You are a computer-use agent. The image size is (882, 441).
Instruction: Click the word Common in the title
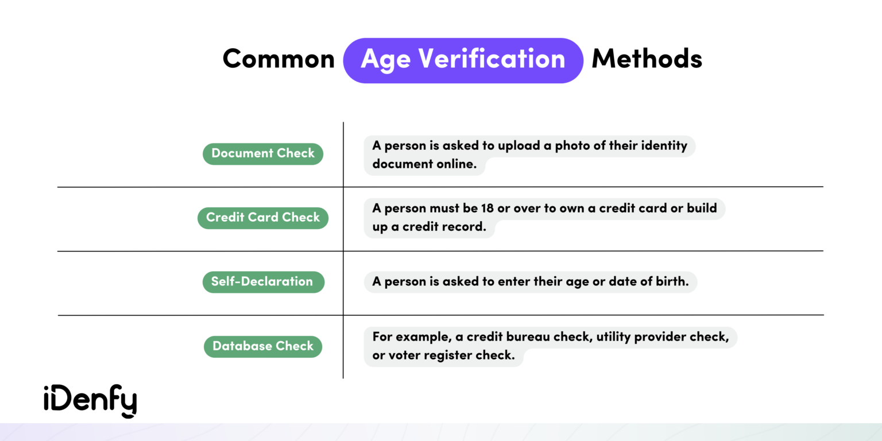(278, 59)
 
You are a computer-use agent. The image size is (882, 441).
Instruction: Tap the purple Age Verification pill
(463, 60)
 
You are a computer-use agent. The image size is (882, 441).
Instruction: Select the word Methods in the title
(647, 59)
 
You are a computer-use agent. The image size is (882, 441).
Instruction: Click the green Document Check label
(263, 153)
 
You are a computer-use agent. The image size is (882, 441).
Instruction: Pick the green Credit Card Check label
(263, 218)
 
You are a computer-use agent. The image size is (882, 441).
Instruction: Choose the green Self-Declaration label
(263, 282)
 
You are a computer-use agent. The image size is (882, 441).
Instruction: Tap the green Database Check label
(263, 346)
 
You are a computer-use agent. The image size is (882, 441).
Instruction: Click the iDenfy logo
(90, 400)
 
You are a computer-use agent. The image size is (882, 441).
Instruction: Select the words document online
(424, 164)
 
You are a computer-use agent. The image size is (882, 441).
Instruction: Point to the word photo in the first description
(572, 146)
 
